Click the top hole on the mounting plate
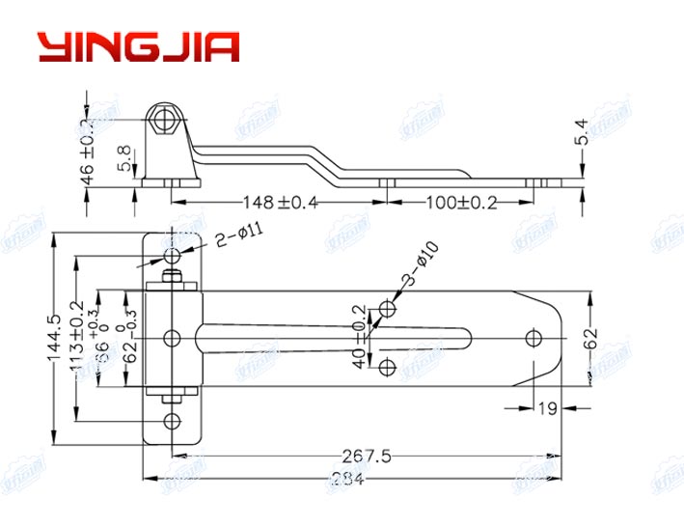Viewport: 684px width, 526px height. (x=173, y=256)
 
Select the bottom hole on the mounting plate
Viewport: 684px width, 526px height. (x=173, y=420)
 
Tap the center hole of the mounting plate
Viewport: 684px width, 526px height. (x=173, y=338)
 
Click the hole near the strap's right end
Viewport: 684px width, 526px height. (x=533, y=338)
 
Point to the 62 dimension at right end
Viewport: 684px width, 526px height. (x=590, y=340)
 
